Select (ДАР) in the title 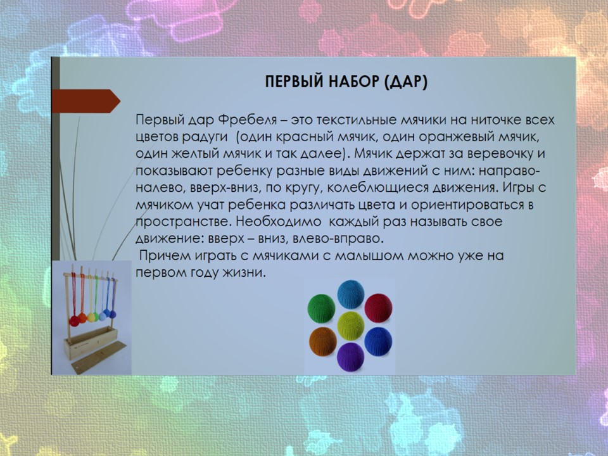[x=405, y=82]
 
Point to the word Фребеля [x=248, y=120]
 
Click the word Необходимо [x=279, y=222]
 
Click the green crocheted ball [x=322, y=308]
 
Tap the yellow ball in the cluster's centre [x=350, y=326]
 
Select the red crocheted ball [x=379, y=308]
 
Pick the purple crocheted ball [x=350, y=357]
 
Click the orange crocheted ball [x=322, y=341]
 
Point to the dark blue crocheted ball [x=379, y=341]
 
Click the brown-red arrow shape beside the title [x=85, y=101]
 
